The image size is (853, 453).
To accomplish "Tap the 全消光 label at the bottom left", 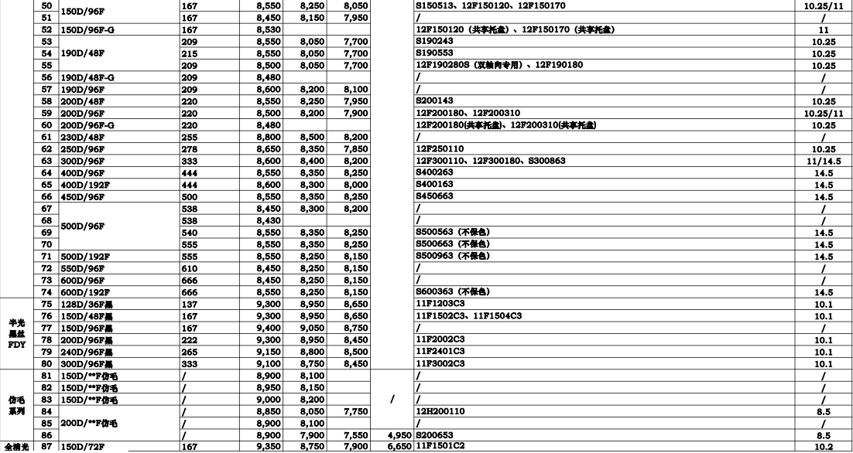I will pos(18,448).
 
